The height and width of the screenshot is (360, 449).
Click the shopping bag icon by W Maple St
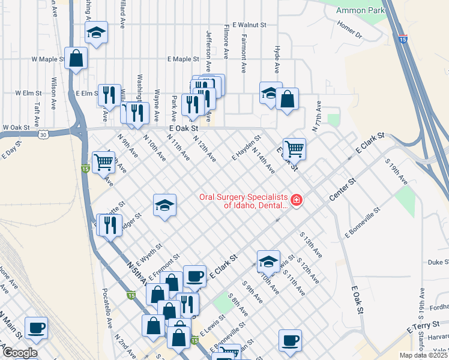(76, 58)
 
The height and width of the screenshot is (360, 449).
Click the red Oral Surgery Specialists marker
(296, 200)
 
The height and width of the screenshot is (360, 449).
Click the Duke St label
(439, 262)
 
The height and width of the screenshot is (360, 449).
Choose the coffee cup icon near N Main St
(37, 328)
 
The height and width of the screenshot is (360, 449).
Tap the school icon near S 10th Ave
(268, 260)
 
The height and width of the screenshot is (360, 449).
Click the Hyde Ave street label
(277, 58)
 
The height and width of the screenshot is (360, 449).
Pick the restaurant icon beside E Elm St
(109, 94)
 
